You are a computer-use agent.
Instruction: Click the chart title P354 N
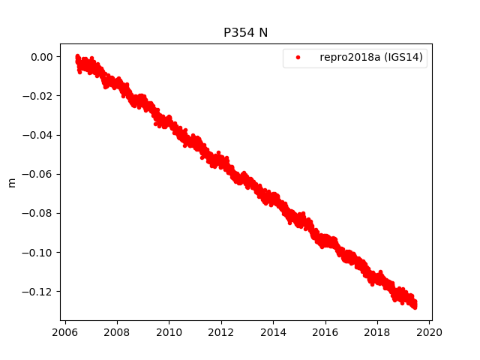[x=246, y=32]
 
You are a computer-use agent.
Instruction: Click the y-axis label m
[x=11, y=182]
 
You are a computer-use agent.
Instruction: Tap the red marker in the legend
[x=298, y=57]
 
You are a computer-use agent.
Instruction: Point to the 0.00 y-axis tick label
[x=42, y=57]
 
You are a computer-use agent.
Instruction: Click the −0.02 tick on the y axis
[x=38, y=96]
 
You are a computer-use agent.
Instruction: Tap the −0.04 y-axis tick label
[x=38, y=135]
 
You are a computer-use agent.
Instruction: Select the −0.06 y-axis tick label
[x=38, y=174]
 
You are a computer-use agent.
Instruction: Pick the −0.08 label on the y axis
[x=38, y=213]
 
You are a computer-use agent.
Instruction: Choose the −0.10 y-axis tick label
[x=38, y=252]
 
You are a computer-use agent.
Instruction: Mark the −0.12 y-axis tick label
[x=38, y=291]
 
